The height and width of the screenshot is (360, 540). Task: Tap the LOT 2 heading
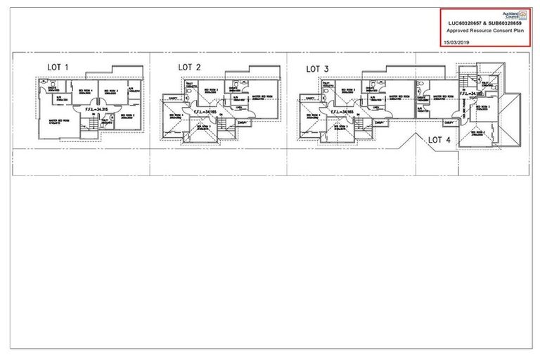tap(190, 67)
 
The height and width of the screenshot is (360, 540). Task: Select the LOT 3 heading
tap(319, 69)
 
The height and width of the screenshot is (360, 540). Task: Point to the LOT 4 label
tap(439, 140)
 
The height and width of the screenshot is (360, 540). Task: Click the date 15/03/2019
tap(458, 42)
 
